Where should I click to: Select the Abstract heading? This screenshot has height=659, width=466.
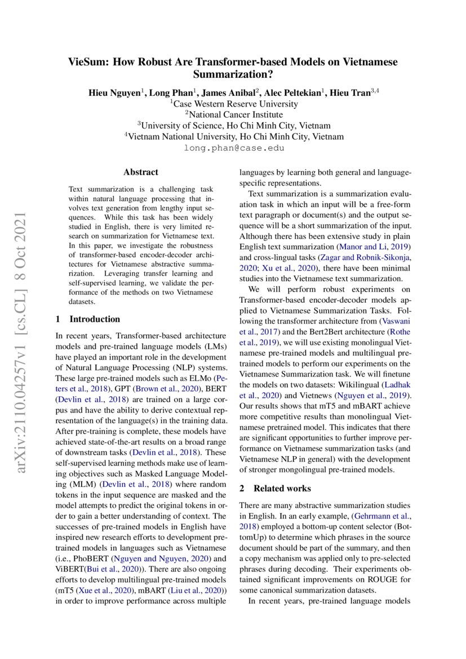tap(141, 172)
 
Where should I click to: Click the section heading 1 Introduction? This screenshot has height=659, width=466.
tap(88, 319)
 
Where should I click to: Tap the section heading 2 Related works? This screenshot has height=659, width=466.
tap(275, 488)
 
